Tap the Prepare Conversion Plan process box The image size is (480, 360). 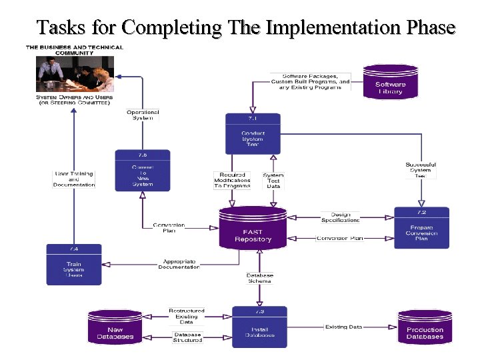[x=421, y=228]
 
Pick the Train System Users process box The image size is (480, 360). [x=74, y=265]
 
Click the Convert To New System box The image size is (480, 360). [x=142, y=171]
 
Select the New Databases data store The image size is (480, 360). [x=115, y=327]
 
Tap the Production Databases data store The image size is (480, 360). [x=425, y=327]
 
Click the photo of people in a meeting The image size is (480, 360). [x=75, y=73]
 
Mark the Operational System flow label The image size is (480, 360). [x=143, y=115]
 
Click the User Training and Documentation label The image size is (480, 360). [x=74, y=179]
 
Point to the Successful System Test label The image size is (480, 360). [x=421, y=169]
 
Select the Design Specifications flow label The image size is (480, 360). [x=340, y=217]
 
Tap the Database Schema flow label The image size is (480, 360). [x=259, y=278]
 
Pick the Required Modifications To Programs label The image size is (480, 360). [x=232, y=180]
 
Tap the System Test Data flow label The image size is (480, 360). [x=273, y=181]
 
